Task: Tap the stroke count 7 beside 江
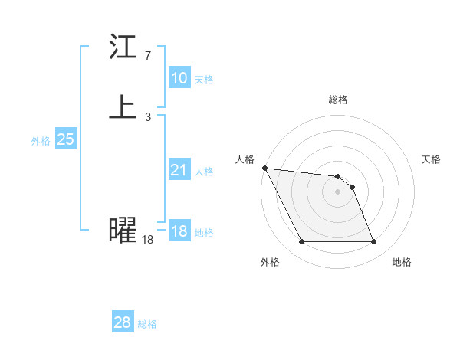pos(147,56)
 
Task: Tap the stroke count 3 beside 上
pos(147,116)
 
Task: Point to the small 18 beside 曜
pos(147,240)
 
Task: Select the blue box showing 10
pos(179,78)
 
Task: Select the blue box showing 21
pos(179,170)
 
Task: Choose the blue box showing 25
pos(66,139)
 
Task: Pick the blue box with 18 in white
pos(179,231)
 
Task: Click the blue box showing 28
pos(123,322)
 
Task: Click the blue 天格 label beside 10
pos(204,79)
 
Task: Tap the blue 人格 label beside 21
pos(204,171)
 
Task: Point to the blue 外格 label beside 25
pos(41,140)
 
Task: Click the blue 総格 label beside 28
pos(147,323)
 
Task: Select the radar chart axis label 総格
pos(338,100)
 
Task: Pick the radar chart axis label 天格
pos(432,159)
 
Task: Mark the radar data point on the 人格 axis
pos(264,168)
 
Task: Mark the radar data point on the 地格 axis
pos(374,242)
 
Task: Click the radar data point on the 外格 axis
pos(301,242)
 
